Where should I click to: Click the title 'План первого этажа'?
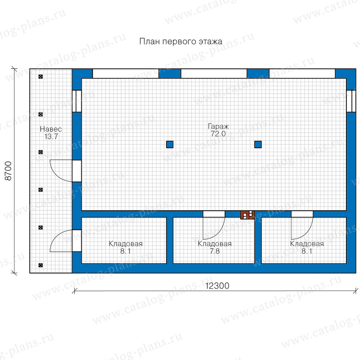pos(181,42)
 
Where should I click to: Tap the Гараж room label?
pos(218,126)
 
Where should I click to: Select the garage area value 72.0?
pos(218,134)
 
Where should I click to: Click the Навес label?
pos(51,129)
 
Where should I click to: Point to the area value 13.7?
pos(51,136)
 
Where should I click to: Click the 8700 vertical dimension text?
pos(8,171)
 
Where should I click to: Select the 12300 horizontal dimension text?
pos(217,286)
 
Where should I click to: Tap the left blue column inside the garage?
pos(170,144)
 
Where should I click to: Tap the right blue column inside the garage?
pos(258,144)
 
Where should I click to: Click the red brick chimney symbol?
pos(248,215)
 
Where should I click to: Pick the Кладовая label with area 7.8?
pos(215,244)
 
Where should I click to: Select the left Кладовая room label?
pos(126,244)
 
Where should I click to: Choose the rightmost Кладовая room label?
pos(307,244)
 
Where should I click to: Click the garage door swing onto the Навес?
pos(56,176)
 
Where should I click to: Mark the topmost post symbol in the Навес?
pos(41,77)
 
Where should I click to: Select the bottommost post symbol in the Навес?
pos(41,266)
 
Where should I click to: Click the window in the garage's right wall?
pos(351,101)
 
